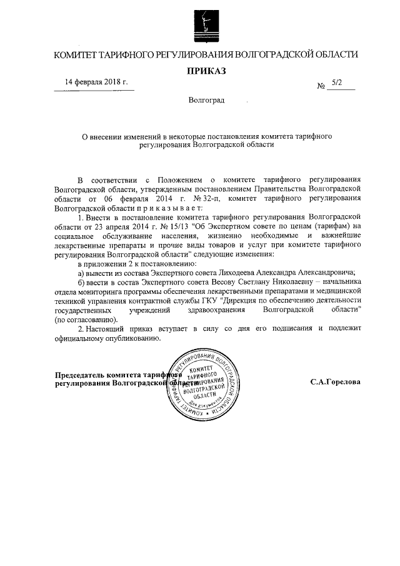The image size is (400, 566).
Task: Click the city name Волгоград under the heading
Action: click(x=206, y=101)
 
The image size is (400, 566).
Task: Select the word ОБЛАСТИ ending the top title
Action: click(x=336, y=54)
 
